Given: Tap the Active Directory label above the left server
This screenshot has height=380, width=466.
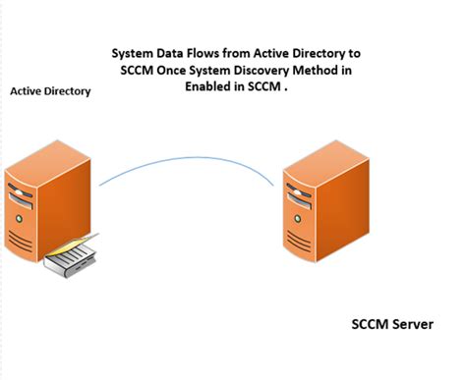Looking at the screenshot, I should (50, 91).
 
